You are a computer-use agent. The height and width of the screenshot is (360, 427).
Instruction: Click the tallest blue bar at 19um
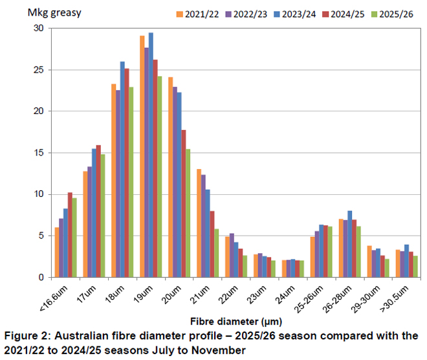tap(151, 155)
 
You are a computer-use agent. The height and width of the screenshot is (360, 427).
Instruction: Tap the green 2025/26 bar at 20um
tap(188, 214)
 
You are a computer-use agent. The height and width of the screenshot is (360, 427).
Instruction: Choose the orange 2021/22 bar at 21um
tap(198, 223)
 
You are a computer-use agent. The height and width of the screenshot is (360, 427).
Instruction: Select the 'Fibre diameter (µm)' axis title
tap(226, 320)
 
